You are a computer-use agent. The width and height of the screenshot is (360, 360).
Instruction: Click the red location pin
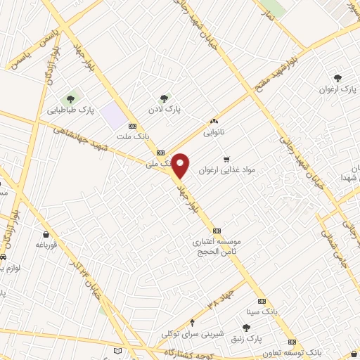point(181,165)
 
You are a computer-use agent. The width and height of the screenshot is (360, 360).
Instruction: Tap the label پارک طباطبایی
point(70,110)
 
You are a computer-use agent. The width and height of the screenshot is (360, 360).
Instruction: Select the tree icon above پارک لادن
point(164,98)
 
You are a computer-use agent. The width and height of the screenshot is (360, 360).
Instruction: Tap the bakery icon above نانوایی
point(213,121)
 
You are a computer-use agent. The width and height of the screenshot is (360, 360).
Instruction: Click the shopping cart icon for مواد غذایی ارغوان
point(226,159)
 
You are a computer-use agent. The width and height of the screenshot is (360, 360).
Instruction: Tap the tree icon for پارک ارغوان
point(338,78)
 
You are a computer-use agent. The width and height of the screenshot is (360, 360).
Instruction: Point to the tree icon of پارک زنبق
point(246,328)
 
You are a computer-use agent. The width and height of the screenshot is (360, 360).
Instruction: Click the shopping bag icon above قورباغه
point(46,234)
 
